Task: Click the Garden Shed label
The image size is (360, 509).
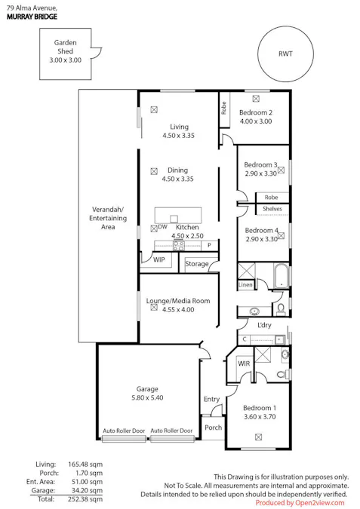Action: point(66,47)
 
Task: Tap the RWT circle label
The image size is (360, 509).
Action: point(285,54)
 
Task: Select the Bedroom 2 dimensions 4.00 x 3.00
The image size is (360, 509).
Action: point(256,121)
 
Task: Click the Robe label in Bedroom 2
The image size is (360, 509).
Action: point(224,108)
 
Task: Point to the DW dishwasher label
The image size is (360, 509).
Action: point(162,226)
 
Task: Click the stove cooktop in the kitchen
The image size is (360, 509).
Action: point(179,245)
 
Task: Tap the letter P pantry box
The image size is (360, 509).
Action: point(209,245)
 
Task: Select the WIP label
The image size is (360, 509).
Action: point(159,259)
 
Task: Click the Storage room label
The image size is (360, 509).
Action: point(196,264)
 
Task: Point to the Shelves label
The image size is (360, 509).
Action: point(272,209)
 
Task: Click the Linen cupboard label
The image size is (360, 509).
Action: point(245,285)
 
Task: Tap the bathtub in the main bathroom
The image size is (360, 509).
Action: point(281,276)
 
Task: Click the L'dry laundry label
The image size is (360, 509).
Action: point(264,325)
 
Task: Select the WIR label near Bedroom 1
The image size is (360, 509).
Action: point(244,363)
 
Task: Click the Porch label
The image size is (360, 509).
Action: point(213,428)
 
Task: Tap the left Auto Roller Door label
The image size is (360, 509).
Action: point(124,431)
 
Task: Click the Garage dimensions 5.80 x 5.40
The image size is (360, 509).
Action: point(147,397)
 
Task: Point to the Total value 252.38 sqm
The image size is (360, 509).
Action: point(85,499)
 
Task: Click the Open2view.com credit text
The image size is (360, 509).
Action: point(319,503)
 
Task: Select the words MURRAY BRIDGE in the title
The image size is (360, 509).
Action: point(32,17)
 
